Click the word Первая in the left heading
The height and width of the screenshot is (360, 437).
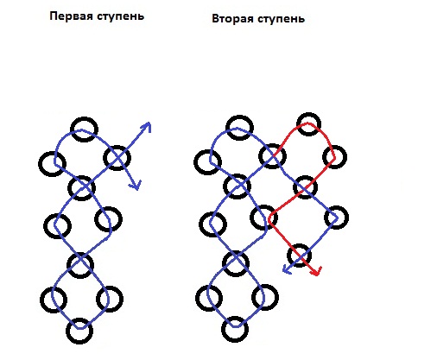72,16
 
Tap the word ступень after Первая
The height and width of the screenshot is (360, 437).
120,16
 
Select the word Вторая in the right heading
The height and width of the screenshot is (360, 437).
233,19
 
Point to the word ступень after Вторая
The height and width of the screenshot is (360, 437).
281,19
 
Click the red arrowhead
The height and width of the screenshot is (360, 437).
317,271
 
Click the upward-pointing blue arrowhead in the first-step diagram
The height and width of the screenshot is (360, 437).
146,127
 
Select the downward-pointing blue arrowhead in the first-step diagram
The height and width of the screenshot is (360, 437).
136,185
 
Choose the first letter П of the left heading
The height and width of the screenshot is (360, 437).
54,16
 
